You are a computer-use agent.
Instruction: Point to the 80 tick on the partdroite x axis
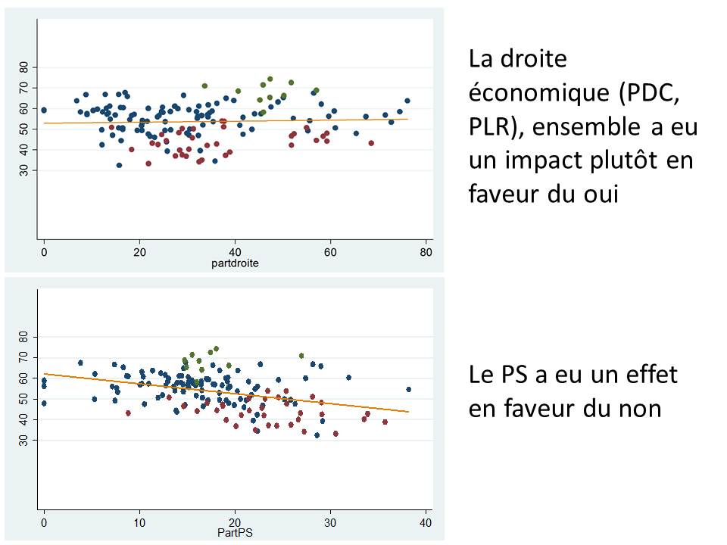tap(426, 251)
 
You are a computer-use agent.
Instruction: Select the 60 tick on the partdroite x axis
tap(330, 251)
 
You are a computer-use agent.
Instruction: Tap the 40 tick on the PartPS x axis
tap(426, 522)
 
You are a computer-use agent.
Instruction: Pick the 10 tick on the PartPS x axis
tap(139, 522)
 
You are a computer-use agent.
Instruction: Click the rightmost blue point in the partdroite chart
tap(407, 101)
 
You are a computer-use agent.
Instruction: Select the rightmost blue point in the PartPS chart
tap(409, 390)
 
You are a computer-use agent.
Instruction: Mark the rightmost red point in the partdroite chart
tap(371, 143)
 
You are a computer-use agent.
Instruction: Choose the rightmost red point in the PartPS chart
tap(385, 422)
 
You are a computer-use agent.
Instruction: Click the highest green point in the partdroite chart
tap(270, 79)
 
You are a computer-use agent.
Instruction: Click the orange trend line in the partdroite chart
tap(227, 121)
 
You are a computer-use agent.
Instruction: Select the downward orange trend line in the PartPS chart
tap(227, 393)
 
